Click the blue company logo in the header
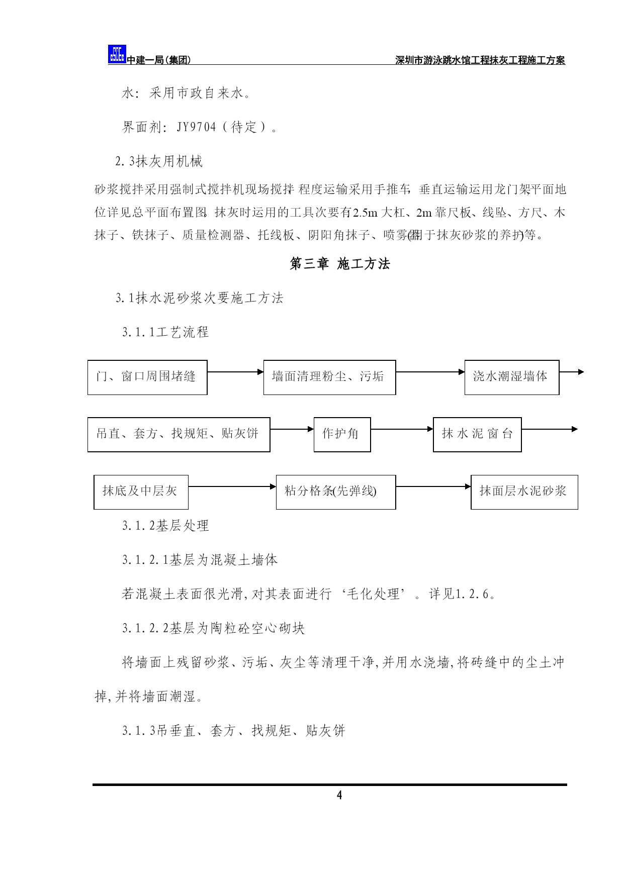pos(117,54)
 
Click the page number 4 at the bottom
pos(339,795)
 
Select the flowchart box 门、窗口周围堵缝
pos(147,377)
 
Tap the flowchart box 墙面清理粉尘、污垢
pos(329,377)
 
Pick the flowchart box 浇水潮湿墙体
pos(512,377)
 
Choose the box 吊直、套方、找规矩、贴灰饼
pos(179,435)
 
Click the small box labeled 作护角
pos(342,435)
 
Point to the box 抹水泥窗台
pos(477,435)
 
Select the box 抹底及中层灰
pos(141,492)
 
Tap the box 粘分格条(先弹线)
pos(336,492)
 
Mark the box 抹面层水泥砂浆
pos(524,492)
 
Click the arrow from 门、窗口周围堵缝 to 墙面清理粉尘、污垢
pos(235,372)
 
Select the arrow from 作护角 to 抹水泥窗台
pos(402,429)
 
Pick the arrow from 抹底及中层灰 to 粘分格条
pos(232,486)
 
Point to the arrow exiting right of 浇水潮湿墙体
pos(571,372)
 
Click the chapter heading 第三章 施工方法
pos(340,264)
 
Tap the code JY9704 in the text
pos(196,127)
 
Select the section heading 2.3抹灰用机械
pos(159,161)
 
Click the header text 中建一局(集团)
pos(159,60)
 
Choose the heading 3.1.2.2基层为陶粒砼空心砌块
pos(214,628)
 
